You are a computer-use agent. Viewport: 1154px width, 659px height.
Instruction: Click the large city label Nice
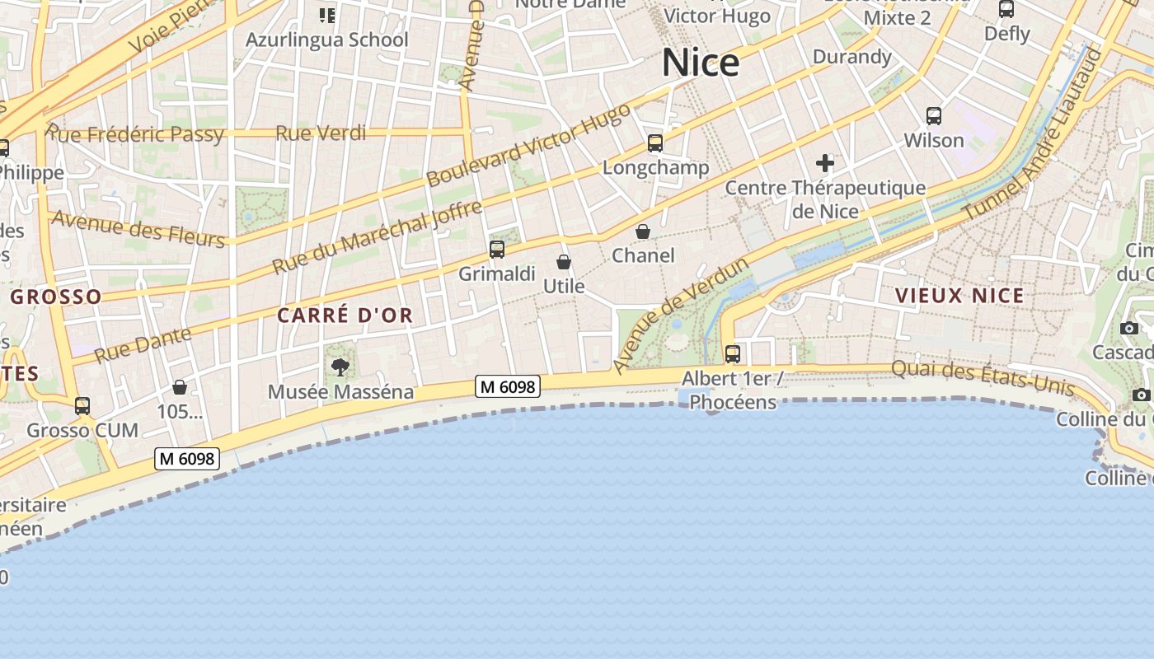click(x=701, y=63)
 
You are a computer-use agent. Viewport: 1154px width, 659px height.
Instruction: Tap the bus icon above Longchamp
click(x=655, y=143)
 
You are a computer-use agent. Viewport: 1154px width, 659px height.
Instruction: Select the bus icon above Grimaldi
click(x=496, y=249)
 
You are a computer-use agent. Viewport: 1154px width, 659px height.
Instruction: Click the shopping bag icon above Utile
click(x=564, y=262)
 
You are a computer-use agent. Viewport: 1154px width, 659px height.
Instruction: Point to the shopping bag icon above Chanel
click(x=643, y=231)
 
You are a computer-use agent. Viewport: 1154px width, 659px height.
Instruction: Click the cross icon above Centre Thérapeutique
click(x=825, y=163)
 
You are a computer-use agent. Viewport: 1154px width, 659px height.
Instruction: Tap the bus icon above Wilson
click(x=934, y=116)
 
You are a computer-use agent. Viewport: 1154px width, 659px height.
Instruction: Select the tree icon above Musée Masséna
click(x=340, y=367)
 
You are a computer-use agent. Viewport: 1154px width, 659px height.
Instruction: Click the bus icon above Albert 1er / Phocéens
click(x=732, y=354)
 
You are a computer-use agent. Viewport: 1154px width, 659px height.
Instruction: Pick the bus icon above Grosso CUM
click(x=82, y=405)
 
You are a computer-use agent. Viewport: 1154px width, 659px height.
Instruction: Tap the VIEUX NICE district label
click(x=959, y=296)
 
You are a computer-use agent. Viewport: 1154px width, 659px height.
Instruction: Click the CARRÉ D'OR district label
click(x=345, y=315)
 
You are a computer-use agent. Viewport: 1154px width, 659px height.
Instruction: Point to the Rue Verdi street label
click(x=321, y=133)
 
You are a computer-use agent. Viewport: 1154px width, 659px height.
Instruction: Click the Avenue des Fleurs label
click(x=138, y=229)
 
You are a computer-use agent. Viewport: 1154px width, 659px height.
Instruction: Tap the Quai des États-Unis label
click(x=983, y=378)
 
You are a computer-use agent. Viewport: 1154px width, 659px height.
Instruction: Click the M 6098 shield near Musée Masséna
click(x=507, y=386)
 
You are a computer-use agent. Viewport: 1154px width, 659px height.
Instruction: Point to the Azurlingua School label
click(x=326, y=40)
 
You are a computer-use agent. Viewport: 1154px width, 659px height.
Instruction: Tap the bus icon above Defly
click(x=1006, y=10)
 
